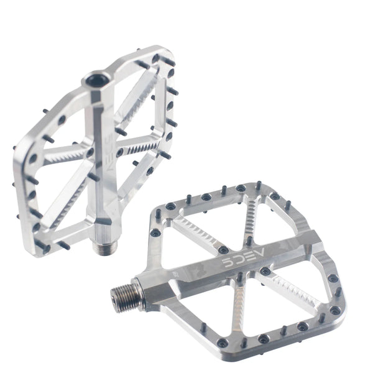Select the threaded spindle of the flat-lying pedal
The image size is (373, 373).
122,293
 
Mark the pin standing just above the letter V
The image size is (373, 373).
249,240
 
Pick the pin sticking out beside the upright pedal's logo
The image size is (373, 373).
122,132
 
